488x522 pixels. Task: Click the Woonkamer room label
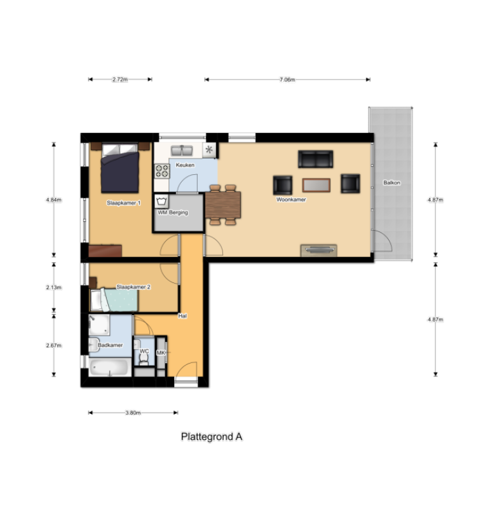(x=292, y=200)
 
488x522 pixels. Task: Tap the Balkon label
(x=391, y=183)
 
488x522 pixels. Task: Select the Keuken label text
(x=185, y=165)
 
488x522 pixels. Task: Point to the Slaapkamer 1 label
(x=124, y=203)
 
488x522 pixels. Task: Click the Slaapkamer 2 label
(x=133, y=287)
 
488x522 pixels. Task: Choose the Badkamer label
(x=110, y=345)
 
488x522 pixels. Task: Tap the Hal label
(x=182, y=315)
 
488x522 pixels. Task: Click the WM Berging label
(x=173, y=212)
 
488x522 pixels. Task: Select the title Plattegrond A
(x=212, y=437)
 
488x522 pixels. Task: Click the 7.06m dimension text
(x=287, y=79)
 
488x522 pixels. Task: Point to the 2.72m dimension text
(x=119, y=79)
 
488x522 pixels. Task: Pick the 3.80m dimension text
(x=132, y=413)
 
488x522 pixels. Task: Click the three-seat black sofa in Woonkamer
(x=316, y=159)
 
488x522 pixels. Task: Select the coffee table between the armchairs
(x=316, y=185)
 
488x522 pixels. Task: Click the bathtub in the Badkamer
(x=110, y=368)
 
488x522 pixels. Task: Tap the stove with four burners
(x=162, y=170)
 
